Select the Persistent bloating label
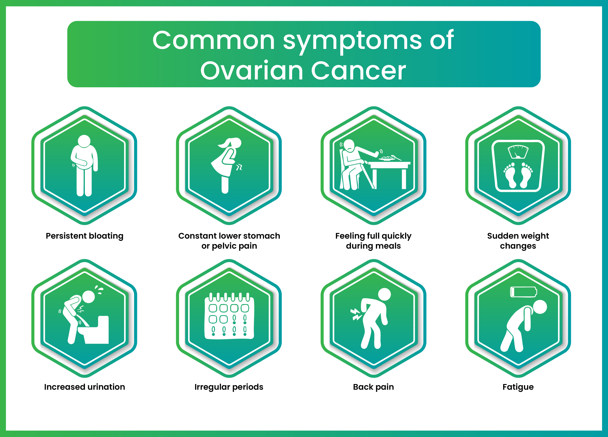(85, 236)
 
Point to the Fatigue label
(518, 387)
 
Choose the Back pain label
(373, 387)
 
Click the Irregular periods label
(229, 387)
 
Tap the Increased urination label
(85, 387)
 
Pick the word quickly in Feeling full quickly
(396, 236)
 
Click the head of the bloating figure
(84, 141)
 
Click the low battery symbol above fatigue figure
(523, 292)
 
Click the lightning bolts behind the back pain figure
(356, 314)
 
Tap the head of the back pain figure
(384, 294)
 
